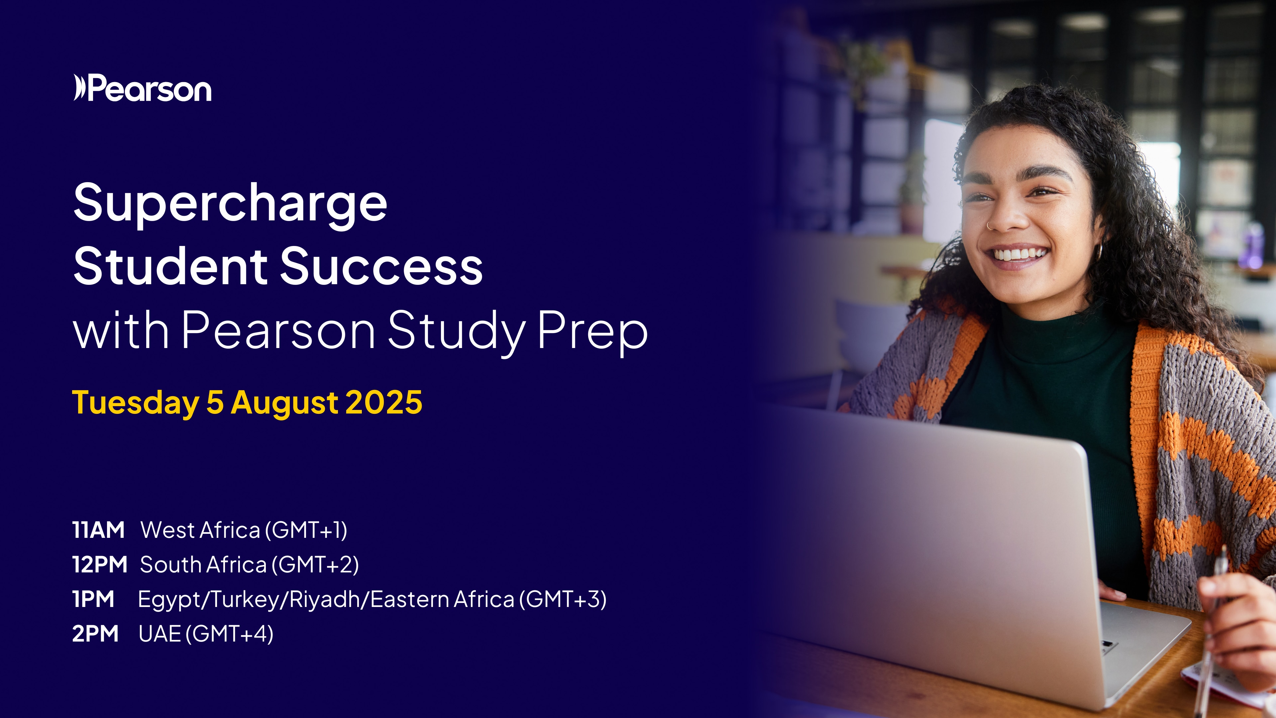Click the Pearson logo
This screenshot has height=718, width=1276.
click(x=142, y=88)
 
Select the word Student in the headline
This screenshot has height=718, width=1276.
click(x=171, y=267)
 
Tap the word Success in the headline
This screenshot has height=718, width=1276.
click(x=381, y=267)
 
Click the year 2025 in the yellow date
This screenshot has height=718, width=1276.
click(x=384, y=402)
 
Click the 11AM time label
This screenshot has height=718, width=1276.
click(x=98, y=530)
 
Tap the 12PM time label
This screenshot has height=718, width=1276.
click(x=100, y=564)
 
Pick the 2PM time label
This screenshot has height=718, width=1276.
click(x=95, y=634)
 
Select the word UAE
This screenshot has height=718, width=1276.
click(x=159, y=634)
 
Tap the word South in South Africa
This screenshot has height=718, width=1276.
click(x=169, y=564)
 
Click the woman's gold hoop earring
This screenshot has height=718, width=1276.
click(x=1098, y=252)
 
